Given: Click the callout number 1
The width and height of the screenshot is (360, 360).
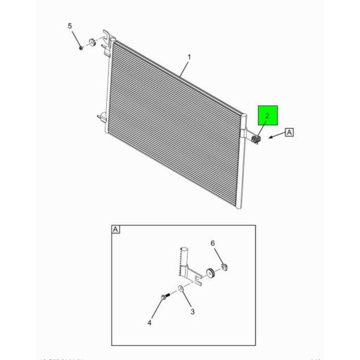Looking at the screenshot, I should coord(188,56).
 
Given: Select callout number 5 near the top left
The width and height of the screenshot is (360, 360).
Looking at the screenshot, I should coord(70,26).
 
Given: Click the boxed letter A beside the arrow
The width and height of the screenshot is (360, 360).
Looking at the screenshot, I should coord(289,132).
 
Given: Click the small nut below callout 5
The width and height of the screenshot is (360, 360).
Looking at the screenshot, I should coord(82,47).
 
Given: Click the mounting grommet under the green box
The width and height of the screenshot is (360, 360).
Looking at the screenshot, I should coord(256,139).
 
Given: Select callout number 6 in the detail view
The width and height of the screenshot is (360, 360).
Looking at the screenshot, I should coord(212,243).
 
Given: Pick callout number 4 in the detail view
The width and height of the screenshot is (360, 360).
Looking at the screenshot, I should coord(149,323).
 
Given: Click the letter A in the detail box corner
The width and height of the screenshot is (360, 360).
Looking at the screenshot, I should coord(116,229).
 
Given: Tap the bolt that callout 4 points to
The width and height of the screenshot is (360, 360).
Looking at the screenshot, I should coord(164,297).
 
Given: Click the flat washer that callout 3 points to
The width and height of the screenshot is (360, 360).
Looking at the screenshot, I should coord(181,290).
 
